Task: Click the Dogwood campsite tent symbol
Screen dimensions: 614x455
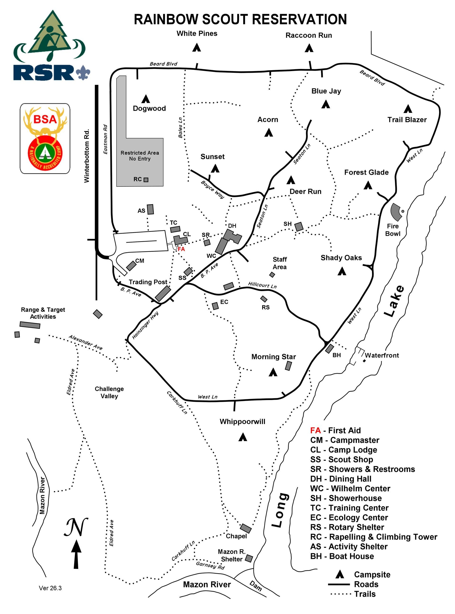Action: [x=146, y=99]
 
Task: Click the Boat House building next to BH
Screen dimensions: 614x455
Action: [x=329, y=349]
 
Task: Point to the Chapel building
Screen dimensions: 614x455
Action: [x=246, y=528]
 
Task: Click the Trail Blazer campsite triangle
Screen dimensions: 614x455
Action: [x=408, y=109]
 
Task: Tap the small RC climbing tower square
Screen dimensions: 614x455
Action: [x=146, y=180]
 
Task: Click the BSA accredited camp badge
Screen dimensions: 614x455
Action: [x=45, y=138]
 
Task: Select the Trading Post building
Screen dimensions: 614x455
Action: [x=163, y=293]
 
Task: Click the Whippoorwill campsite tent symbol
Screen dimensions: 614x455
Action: [x=243, y=437]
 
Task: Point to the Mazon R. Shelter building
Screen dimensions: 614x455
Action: [x=249, y=558]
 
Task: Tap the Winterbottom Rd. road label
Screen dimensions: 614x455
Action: [x=87, y=155]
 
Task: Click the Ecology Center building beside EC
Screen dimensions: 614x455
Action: [x=215, y=306]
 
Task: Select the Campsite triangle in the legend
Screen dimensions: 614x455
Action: [x=340, y=574]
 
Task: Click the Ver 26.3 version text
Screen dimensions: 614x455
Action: [x=50, y=588]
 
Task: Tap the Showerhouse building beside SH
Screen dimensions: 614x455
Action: [x=299, y=227]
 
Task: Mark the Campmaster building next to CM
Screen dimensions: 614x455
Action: [x=131, y=266]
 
